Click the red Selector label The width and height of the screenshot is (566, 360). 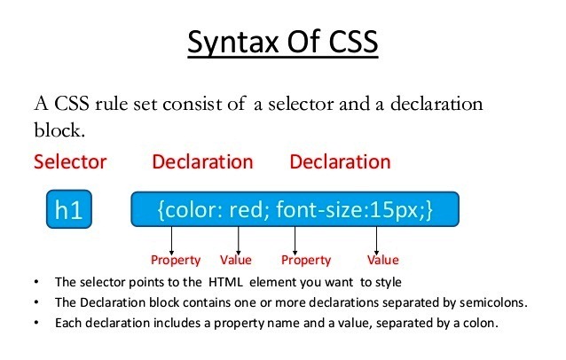click(x=70, y=162)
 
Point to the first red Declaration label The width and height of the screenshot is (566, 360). click(x=202, y=162)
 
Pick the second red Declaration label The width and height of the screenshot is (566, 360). click(x=340, y=162)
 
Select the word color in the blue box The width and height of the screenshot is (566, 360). click(x=190, y=210)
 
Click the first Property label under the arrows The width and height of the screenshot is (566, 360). click(x=176, y=261)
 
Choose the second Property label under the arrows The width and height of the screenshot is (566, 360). click(x=306, y=261)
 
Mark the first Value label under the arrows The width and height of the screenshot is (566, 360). click(x=236, y=261)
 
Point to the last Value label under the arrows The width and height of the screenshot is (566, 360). click(x=383, y=261)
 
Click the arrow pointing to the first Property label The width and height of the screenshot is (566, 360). click(x=172, y=239)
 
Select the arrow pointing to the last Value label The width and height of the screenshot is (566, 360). click(x=377, y=239)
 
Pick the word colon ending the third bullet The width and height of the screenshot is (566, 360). click(x=478, y=322)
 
